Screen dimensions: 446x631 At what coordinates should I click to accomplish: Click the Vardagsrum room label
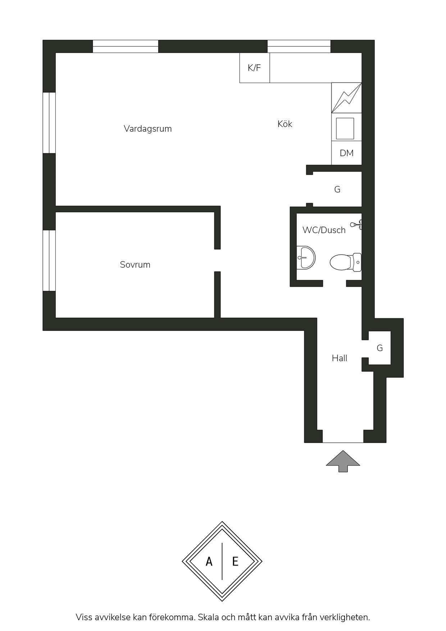tap(148, 129)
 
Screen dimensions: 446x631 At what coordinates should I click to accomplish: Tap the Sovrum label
tap(135, 265)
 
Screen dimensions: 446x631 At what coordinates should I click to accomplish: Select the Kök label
tap(285, 124)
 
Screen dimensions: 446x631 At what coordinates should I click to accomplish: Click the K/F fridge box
tap(255, 68)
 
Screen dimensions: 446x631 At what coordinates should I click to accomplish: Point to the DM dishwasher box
tap(346, 153)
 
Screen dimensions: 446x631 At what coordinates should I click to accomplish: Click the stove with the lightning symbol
tap(346, 98)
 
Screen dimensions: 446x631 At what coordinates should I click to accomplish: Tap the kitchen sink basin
tap(345, 128)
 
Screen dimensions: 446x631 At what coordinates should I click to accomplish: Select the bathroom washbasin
tap(306, 258)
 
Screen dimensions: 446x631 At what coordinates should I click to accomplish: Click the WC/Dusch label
tap(324, 230)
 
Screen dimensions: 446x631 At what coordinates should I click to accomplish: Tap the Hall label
tap(340, 358)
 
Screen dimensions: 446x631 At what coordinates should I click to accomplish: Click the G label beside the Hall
tap(380, 348)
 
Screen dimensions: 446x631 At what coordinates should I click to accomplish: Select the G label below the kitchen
tap(337, 190)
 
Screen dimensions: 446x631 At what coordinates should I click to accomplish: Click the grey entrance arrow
tap(343, 461)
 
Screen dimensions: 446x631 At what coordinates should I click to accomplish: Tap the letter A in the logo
tap(209, 562)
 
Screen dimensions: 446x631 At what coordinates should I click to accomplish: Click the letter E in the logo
tap(235, 562)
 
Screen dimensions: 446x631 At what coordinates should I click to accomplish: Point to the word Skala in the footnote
tap(209, 617)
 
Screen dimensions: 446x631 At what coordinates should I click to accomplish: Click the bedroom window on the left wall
tap(49, 260)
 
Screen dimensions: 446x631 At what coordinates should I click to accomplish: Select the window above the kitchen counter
tap(299, 46)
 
